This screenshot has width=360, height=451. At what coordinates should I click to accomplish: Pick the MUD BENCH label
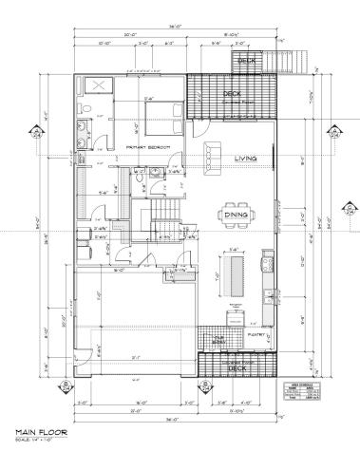point(218,337)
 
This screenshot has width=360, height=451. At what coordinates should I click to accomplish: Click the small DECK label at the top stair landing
point(248,62)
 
